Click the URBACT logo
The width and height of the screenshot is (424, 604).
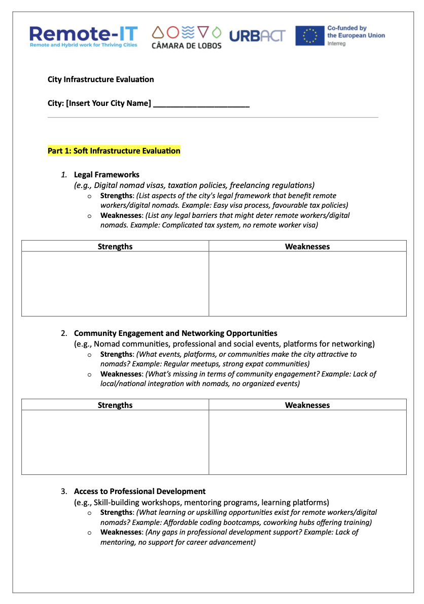click(x=257, y=36)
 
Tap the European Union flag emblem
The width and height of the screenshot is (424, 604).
click(x=309, y=36)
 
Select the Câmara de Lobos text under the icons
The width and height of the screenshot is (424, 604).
click(x=187, y=45)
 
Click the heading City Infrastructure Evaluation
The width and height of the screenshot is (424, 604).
click(x=100, y=80)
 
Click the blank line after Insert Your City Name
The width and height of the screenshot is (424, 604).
click(x=201, y=104)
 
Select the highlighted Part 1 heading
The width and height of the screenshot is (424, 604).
click(x=114, y=151)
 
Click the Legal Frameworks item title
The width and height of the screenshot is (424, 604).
click(x=107, y=175)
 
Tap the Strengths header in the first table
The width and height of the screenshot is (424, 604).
click(x=115, y=246)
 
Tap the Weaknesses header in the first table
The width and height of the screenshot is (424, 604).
click(x=307, y=246)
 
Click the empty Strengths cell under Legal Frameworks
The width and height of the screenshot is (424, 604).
click(x=115, y=284)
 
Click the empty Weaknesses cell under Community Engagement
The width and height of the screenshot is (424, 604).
click(x=307, y=442)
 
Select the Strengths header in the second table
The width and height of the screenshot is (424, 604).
click(x=115, y=405)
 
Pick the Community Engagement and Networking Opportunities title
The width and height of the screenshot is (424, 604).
click(x=175, y=333)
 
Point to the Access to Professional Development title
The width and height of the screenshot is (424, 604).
click(x=139, y=492)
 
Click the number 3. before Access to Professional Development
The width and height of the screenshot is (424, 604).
click(x=63, y=492)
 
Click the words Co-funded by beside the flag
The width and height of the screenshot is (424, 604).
click(x=347, y=28)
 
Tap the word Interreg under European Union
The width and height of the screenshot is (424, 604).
click(x=336, y=44)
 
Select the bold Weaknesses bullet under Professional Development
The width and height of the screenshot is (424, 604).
click(x=121, y=533)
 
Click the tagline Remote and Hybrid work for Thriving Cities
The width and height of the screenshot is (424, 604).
click(x=83, y=45)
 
